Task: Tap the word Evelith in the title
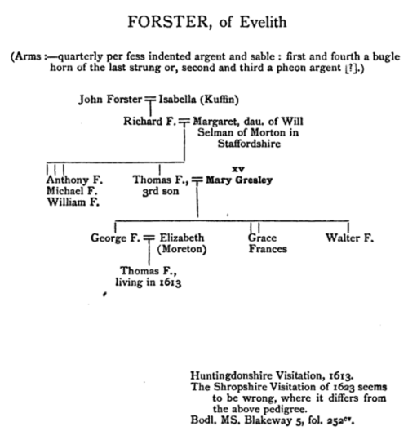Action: coord(264,22)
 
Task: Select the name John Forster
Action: coord(110,100)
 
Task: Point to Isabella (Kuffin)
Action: coord(199,100)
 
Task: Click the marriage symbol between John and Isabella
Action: coord(150,98)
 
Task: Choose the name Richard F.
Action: coord(149,121)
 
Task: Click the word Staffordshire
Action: coord(249,144)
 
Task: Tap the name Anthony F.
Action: coord(74,180)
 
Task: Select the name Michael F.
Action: coord(72,191)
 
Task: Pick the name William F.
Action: coord(73,202)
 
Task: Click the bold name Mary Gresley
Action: coord(239,180)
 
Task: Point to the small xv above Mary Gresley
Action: coord(238,169)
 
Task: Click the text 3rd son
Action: coord(161,191)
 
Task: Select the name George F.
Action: coord(115,238)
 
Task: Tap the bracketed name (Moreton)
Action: coord(182,249)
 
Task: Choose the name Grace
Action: coord(262,238)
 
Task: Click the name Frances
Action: coord(268,249)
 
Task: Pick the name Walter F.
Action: coord(350,238)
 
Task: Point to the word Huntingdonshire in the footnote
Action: coord(232,376)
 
